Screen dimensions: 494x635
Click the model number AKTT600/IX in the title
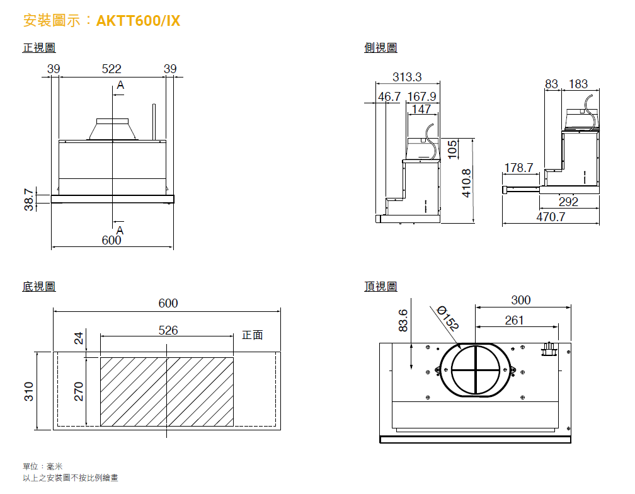tap(138, 21)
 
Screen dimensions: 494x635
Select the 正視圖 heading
tap(39, 48)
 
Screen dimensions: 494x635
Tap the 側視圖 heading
tap(380, 48)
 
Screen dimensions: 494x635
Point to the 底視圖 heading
tap(39, 287)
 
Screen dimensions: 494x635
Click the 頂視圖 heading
tap(380, 287)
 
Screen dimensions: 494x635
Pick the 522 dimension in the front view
tap(112, 69)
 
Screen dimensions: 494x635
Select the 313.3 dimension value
tap(407, 77)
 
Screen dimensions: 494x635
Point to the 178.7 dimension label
tap(518, 168)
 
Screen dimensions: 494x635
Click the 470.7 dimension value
tap(551, 217)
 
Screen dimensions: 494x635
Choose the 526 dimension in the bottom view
tap(168, 330)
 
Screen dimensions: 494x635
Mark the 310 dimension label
tap(29, 391)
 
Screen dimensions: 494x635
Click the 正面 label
tap(252, 335)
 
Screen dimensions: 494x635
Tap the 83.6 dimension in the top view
tap(404, 320)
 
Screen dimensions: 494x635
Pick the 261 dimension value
tap(514, 320)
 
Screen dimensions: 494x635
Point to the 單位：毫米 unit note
tap(43, 466)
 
